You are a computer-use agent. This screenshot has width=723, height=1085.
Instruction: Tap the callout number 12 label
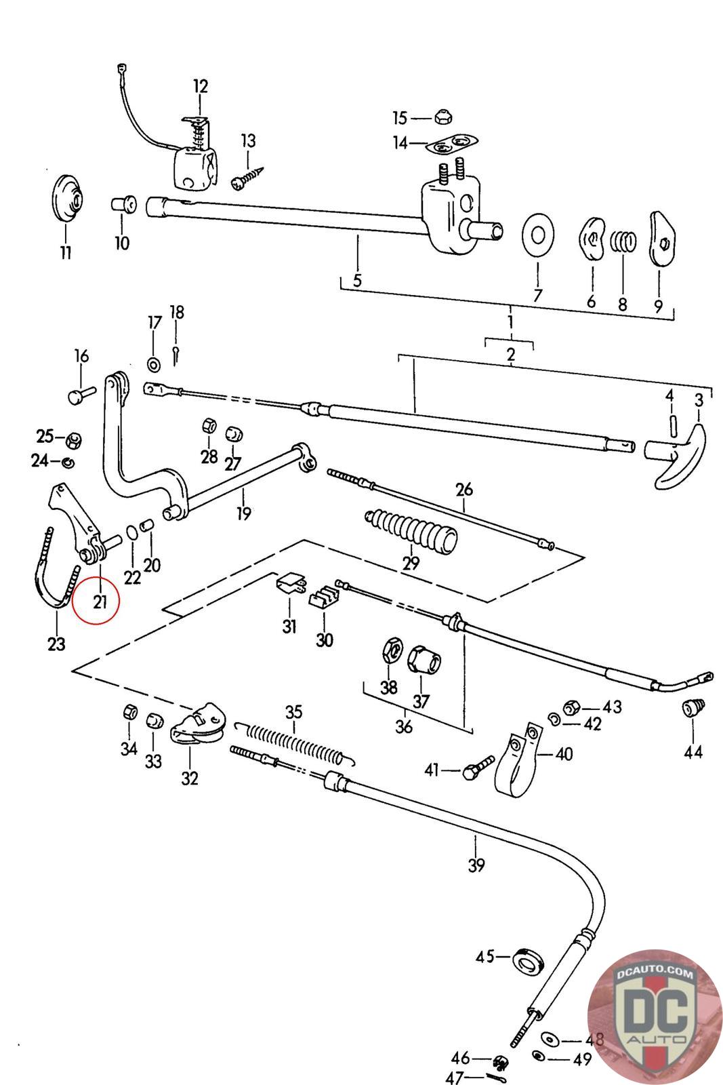pyautogui.click(x=201, y=87)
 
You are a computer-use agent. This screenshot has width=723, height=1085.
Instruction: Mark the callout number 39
pyautogui.click(x=476, y=865)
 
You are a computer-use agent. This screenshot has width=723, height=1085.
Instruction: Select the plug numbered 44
pyautogui.click(x=693, y=709)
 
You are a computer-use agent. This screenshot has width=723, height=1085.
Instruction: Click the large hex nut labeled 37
pyautogui.click(x=425, y=659)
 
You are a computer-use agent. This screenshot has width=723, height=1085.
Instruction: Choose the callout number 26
pyautogui.click(x=464, y=490)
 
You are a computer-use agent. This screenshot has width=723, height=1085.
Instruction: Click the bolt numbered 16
pyautogui.click(x=79, y=395)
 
